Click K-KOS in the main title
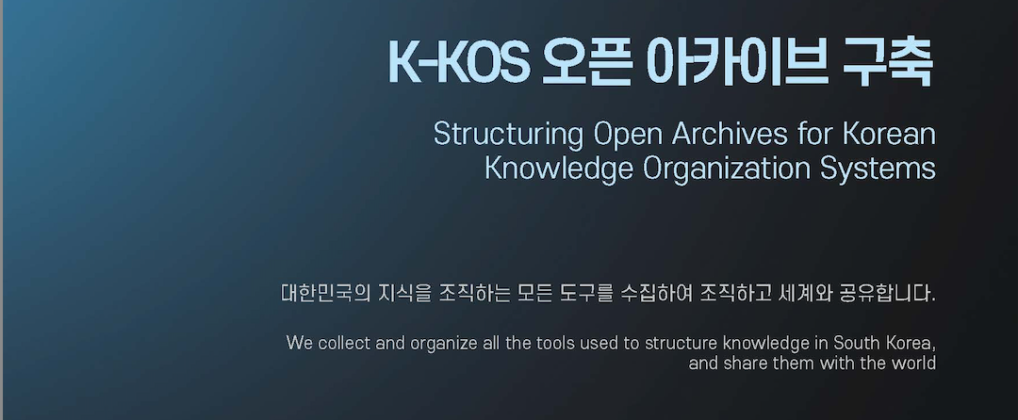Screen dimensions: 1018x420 459,61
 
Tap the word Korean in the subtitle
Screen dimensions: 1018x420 890,134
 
